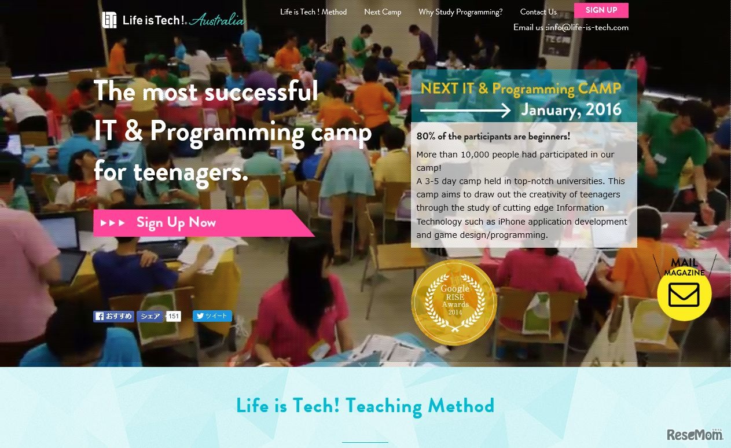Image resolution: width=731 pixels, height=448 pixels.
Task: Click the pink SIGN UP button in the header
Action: (x=601, y=10)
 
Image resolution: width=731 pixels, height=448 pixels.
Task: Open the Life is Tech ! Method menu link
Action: (x=313, y=12)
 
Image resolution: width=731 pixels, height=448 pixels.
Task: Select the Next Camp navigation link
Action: (x=383, y=12)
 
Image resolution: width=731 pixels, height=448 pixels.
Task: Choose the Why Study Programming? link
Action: (x=461, y=12)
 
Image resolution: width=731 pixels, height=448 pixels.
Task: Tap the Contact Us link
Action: (x=538, y=12)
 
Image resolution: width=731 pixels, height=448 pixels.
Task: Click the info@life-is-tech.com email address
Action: (x=588, y=27)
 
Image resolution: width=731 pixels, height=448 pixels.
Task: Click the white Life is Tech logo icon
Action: (x=109, y=20)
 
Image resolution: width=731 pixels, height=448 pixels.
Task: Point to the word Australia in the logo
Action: (x=216, y=20)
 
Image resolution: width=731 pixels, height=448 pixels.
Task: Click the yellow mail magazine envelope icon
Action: (x=684, y=294)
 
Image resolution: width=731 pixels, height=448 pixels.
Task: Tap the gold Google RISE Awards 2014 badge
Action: (x=454, y=303)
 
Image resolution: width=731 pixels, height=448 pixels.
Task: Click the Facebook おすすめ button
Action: (x=113, y=316)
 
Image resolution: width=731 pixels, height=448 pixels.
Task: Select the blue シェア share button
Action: (x=149, y=316)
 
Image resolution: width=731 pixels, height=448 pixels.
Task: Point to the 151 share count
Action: (x=174, y=316)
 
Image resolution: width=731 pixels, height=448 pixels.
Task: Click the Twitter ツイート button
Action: (x=212, y=316)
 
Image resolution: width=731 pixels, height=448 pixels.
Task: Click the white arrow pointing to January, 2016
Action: (x=465, y=111)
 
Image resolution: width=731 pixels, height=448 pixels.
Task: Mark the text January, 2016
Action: (x=571, y=110)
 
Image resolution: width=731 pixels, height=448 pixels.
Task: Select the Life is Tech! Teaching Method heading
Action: (x=365, y=406)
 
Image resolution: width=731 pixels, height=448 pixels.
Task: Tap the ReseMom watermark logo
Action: (x=695, y=434)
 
